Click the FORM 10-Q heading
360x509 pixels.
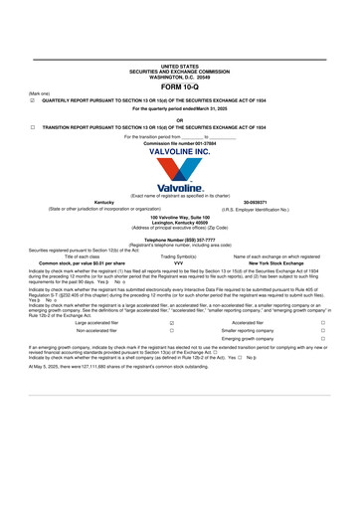point(180,87)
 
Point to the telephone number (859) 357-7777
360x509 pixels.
point(180,240)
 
